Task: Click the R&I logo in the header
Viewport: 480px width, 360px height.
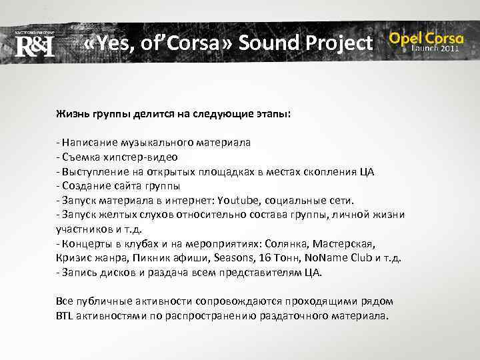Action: [34, 45]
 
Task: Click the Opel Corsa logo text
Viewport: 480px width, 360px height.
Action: [426, 38]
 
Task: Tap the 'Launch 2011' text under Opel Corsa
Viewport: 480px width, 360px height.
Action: [435, 49]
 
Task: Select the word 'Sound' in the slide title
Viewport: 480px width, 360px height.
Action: [270, 43]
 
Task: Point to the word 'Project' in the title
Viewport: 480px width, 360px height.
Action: [340, 43]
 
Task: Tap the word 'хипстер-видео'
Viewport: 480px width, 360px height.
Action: [146, 157]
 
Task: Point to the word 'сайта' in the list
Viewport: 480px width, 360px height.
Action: [122, 186]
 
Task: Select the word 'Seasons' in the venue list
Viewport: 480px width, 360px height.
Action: [229, 259]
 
